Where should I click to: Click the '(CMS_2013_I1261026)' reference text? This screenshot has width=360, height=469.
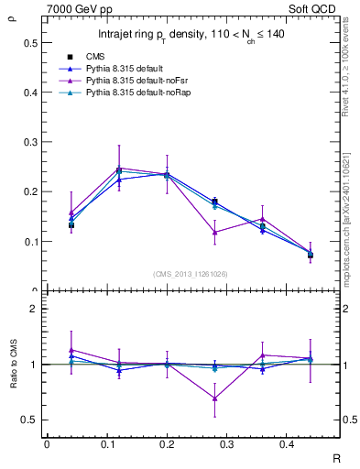tap(190, 275)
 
